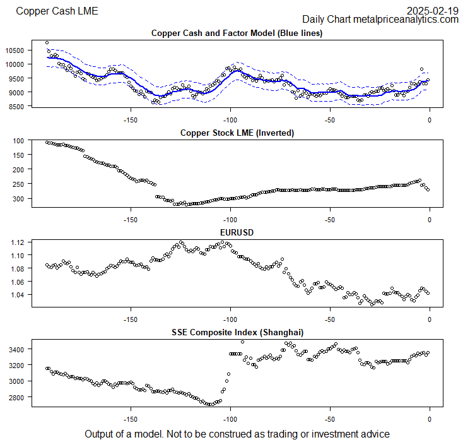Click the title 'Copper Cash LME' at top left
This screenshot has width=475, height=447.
point(57,11)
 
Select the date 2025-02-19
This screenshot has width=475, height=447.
point(432,10)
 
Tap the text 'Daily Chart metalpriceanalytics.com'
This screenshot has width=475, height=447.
point(380,20)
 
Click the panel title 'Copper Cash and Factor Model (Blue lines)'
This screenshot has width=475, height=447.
point(237,33)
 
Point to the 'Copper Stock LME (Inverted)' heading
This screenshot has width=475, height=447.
point(237,133)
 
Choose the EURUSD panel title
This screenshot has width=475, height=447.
point(237,232)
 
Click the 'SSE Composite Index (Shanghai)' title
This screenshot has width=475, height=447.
point(237,332)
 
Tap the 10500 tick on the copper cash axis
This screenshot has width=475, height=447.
point(14,51)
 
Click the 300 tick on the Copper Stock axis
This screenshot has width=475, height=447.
point(18,198)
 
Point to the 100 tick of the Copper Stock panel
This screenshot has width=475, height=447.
point(18,141)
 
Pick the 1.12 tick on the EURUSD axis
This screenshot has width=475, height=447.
point(17,242)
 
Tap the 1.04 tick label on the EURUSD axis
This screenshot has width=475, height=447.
point(17,295)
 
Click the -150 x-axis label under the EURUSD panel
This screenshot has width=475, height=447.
point(131,319)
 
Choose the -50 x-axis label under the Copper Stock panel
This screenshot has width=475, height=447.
point(330,220)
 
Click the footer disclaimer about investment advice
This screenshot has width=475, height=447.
point(237,434)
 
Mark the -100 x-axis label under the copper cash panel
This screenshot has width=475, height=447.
point(230,120)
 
